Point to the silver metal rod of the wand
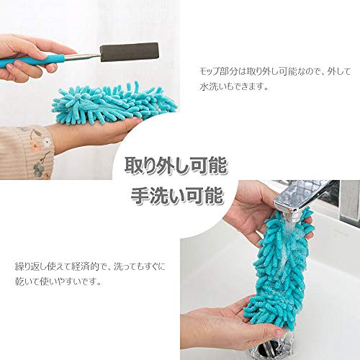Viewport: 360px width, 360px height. coord(82,58)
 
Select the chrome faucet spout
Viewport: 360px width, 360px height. coord(302,196)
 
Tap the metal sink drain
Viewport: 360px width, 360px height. coord(272,347)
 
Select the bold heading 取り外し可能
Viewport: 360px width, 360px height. coord(176,165)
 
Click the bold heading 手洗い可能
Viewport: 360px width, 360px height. coord(177,195)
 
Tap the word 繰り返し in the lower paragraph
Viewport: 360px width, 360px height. coord(31,266)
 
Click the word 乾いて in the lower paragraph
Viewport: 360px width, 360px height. coord(27,281)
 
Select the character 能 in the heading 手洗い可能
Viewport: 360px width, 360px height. coord(214,195)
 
